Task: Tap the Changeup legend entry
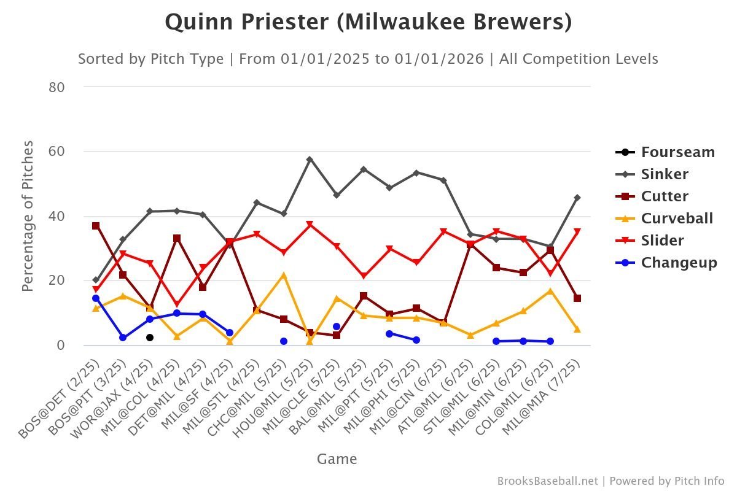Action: pos(679,263)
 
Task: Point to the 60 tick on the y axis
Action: pos(57,152)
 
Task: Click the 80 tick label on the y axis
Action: pos(57,87)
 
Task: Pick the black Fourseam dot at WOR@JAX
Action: pos(150,338)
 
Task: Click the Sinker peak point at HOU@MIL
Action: pos(310,160)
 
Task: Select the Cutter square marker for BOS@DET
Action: pos(96,226)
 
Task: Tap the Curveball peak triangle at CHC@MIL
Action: pos(283,276)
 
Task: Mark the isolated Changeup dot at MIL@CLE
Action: pos(337,327)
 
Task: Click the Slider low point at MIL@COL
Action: pos(177,304)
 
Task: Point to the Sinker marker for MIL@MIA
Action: pos(577,198)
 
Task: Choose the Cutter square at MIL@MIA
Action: pos(577,298)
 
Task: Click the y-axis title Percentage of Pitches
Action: pos(28,216)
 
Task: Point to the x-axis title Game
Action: pos(337,459)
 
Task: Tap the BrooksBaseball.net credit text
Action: pos(547,481)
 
